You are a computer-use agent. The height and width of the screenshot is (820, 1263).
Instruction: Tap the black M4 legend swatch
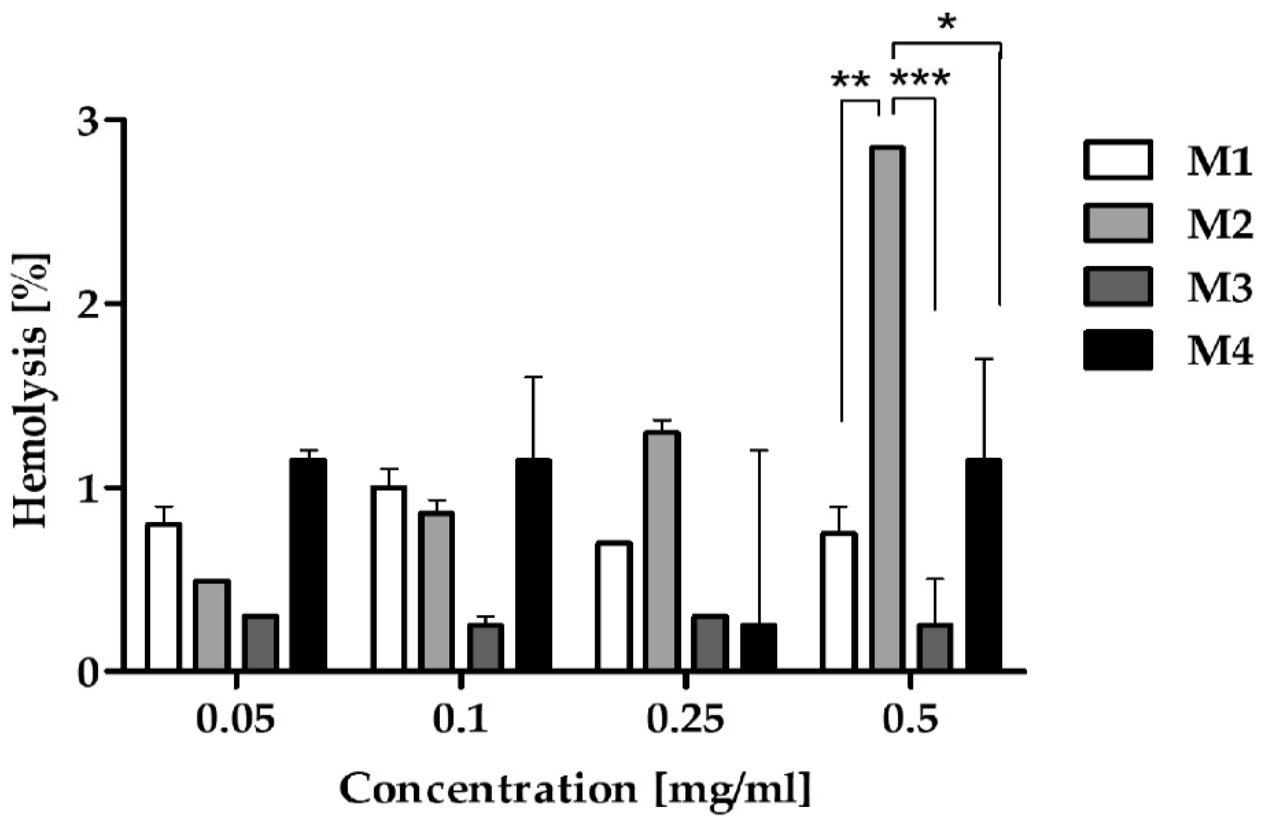pos(1118,350)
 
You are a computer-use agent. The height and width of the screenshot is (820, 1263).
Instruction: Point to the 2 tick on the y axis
pos(118,304)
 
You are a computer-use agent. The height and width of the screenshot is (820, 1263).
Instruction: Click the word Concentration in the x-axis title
pos(487,789)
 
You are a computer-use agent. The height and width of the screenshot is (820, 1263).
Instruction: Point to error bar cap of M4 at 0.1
pos(534,377)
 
